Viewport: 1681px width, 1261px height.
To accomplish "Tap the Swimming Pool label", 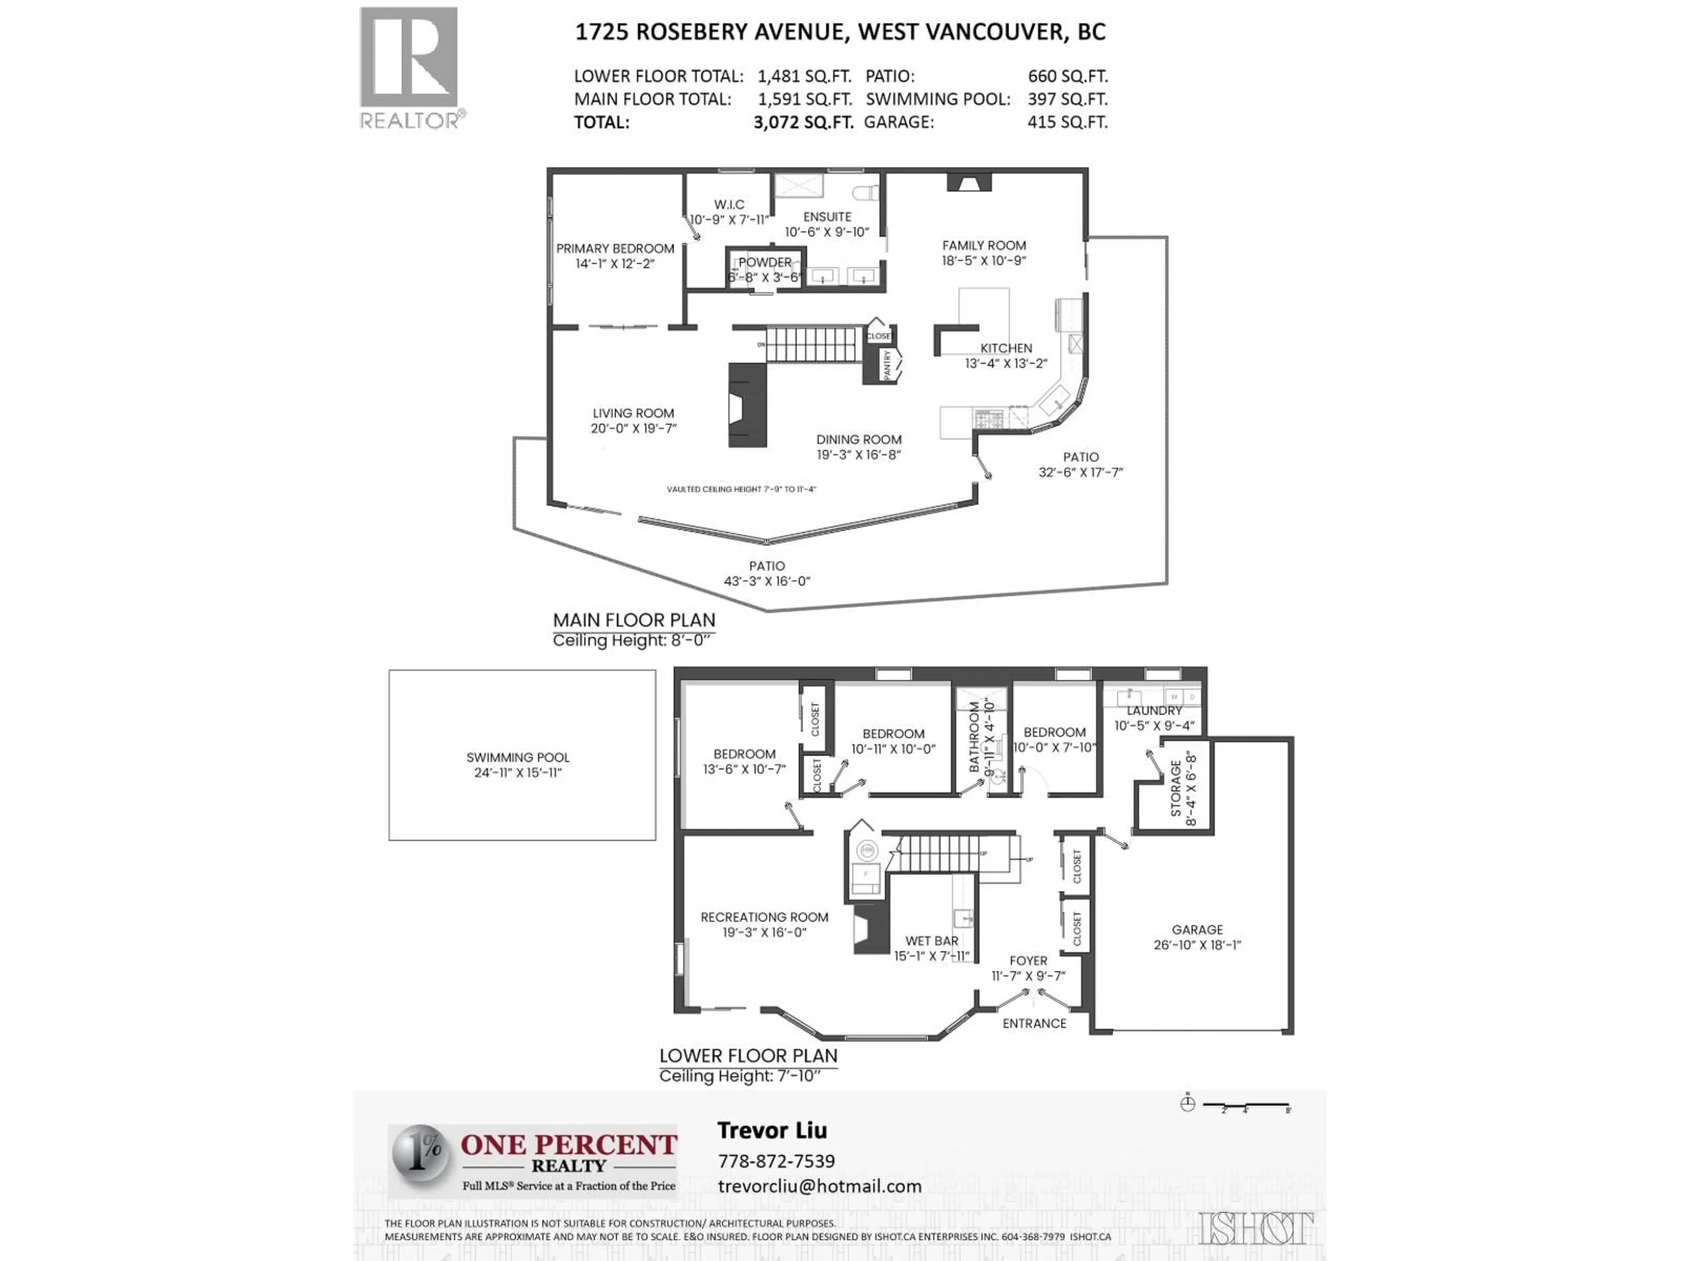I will [x=517, y=757].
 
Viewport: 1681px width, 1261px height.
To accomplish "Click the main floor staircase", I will [x=814, y=344].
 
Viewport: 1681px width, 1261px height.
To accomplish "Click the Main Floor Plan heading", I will [x=634, y=620].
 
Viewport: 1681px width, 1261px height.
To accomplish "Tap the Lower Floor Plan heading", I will [x=748, y=1056].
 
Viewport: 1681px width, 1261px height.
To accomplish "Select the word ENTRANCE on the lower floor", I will [x=1034, y=1024].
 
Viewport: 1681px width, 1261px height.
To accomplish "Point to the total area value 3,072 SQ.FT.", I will [x=803, y=122].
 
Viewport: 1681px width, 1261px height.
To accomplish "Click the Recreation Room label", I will [x=764, y=917].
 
